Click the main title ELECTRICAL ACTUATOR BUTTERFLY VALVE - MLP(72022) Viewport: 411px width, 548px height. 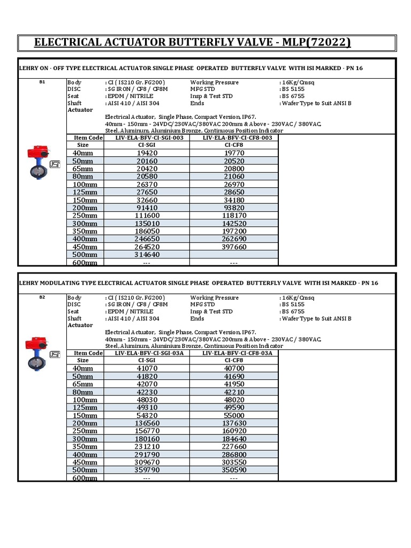pos(193,42)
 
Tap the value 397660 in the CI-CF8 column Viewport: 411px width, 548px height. pos(233,247)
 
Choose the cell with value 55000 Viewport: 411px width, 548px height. pos(233,415)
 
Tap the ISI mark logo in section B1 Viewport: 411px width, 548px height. pos(55,165)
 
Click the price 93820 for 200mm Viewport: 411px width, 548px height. pos(233,208)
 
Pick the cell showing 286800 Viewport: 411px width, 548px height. pos(233,454)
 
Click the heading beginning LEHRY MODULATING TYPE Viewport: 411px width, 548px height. pos(198,283)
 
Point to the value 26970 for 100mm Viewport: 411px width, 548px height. pos(233,185)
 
